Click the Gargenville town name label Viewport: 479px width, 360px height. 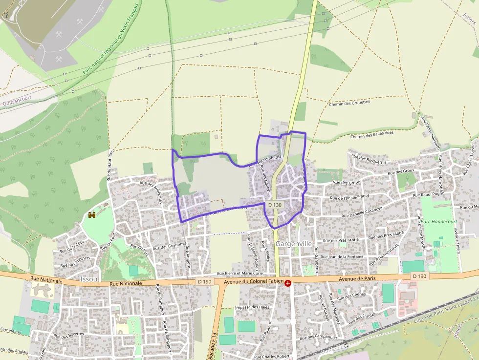pyautogui.click(x=294, y=243)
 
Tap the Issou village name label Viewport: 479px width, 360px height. pyautogui.click(x=88, y=279)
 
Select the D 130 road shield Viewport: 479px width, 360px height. pyautogui.click(x=275, y=205)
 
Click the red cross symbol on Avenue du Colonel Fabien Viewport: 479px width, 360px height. pyautogui.click(x=288, y=283)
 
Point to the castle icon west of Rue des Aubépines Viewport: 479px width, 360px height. pyautogui.click(x=91, y=214)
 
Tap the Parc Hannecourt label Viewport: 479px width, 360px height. pyautogui.click(x=439, y=221)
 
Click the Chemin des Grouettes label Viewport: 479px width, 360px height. pyautogui.click(x=349, y=103)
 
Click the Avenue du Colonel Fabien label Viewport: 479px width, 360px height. pyautogui.click(x=254, y=282)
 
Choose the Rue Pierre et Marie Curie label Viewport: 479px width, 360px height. pyautogui.click(x=240, y=273)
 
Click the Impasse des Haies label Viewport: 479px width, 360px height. pyautogui.click(x=252, y=307)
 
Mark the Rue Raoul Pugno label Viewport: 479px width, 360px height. pyautogui.click(x=430, y=194)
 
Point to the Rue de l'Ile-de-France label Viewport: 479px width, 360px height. pyautogui.click(x=349, y=197)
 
